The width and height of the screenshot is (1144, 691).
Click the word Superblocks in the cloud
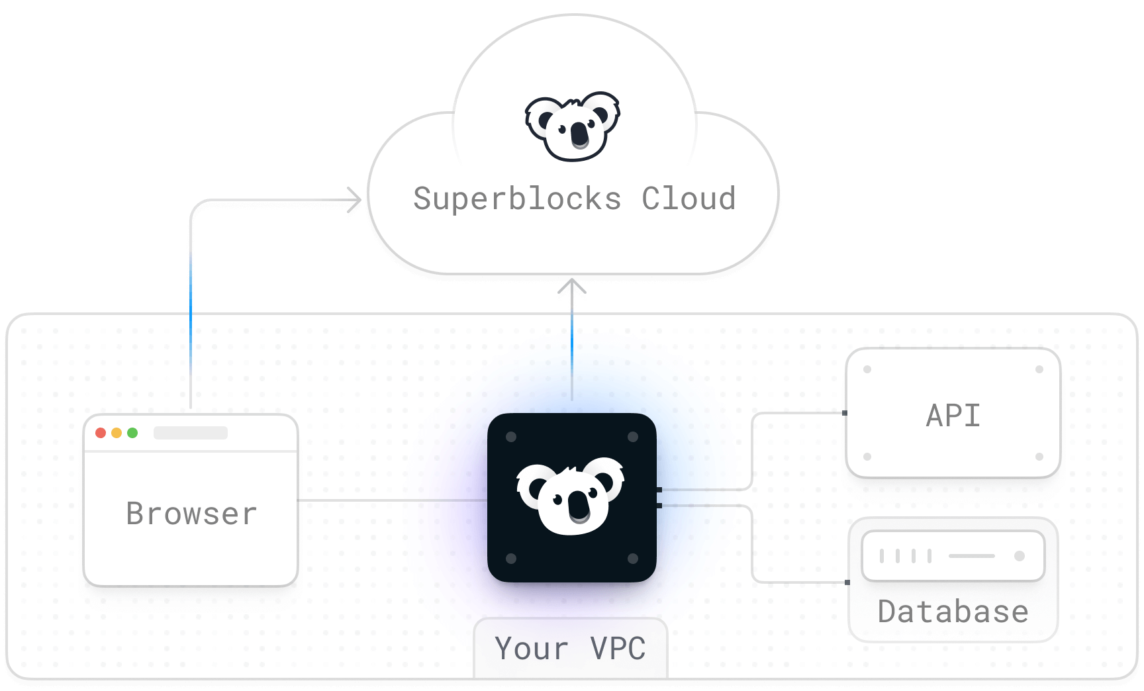point(517,199)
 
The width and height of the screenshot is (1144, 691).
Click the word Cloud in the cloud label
point(689,199)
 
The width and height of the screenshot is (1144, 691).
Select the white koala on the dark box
point(571,496)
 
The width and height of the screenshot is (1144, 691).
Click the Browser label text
point(191,514)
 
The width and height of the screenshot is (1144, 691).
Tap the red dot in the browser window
point(101,433)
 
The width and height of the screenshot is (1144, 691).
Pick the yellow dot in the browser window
point(117,433)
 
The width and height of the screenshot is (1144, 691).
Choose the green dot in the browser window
point(132,433)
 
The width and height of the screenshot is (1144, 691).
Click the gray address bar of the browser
point(191,433)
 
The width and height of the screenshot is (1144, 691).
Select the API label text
point(953,416)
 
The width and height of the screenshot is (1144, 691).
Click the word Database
point(953,612)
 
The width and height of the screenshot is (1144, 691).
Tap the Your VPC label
point(570,648)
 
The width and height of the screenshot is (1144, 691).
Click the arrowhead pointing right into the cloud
point(356,199)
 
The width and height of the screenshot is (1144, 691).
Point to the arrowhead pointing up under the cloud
point(572,286)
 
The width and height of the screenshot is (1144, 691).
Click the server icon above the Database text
point(953,556)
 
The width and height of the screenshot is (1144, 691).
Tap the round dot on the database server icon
point(1020,556)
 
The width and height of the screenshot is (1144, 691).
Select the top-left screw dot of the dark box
point(511,437)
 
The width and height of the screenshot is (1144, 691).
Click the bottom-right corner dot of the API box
point(1039,457)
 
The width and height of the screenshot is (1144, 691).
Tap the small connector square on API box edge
point(845,413)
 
